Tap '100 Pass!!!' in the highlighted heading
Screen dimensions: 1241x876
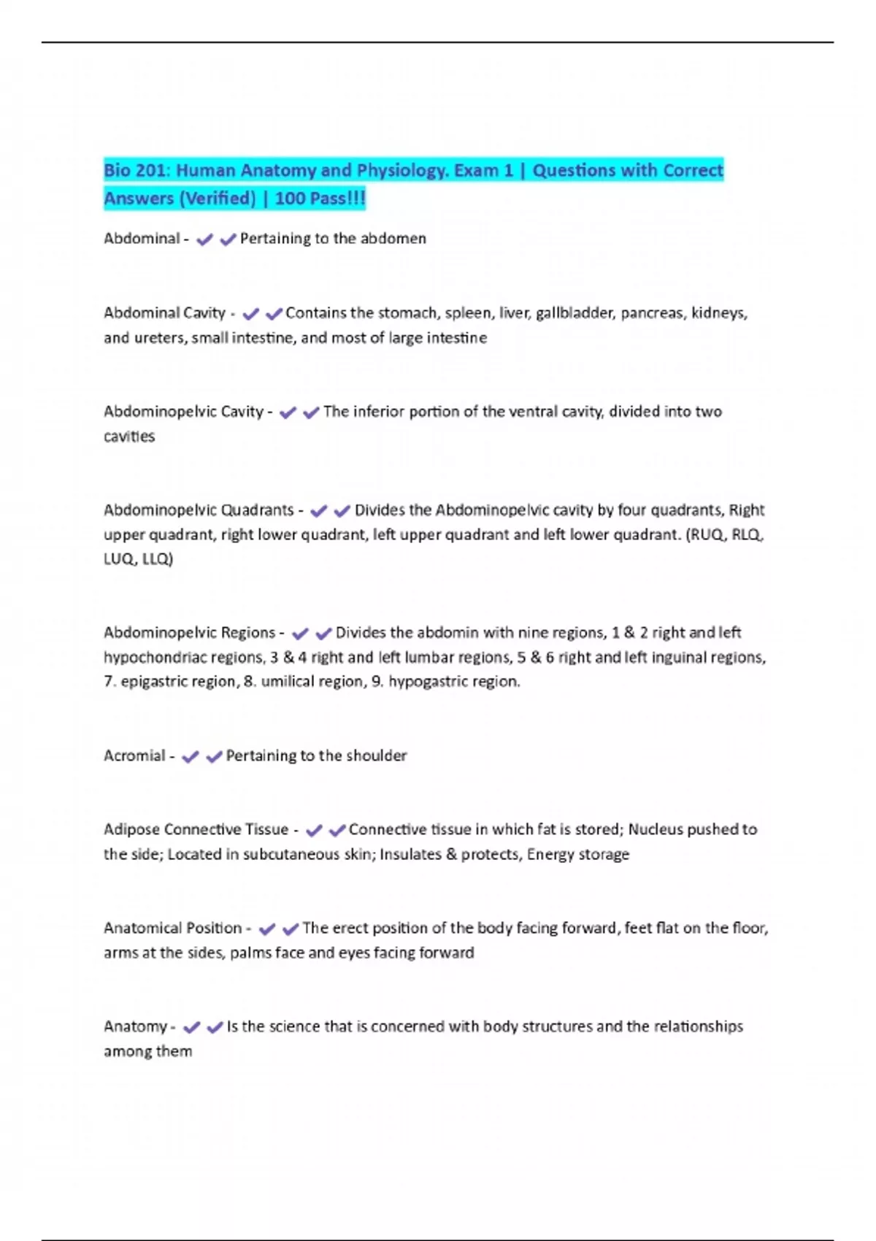[x=320, y=199]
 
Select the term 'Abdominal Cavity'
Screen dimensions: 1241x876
[x=164, y=313]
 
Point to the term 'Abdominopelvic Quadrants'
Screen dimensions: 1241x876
[x=199, y=510]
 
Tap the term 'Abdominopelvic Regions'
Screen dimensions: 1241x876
[x=189, y=633]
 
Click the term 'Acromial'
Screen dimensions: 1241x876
[x=134, y=756]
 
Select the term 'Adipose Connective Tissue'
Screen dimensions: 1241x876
[x=196, y=830]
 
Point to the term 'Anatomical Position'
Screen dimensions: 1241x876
[x=172, y=929]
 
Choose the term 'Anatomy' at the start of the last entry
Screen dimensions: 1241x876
[x=135, y=1027]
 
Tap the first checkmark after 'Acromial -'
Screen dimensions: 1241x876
[x=191, y=757]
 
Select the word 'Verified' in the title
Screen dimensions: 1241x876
[x=216, y=199]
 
